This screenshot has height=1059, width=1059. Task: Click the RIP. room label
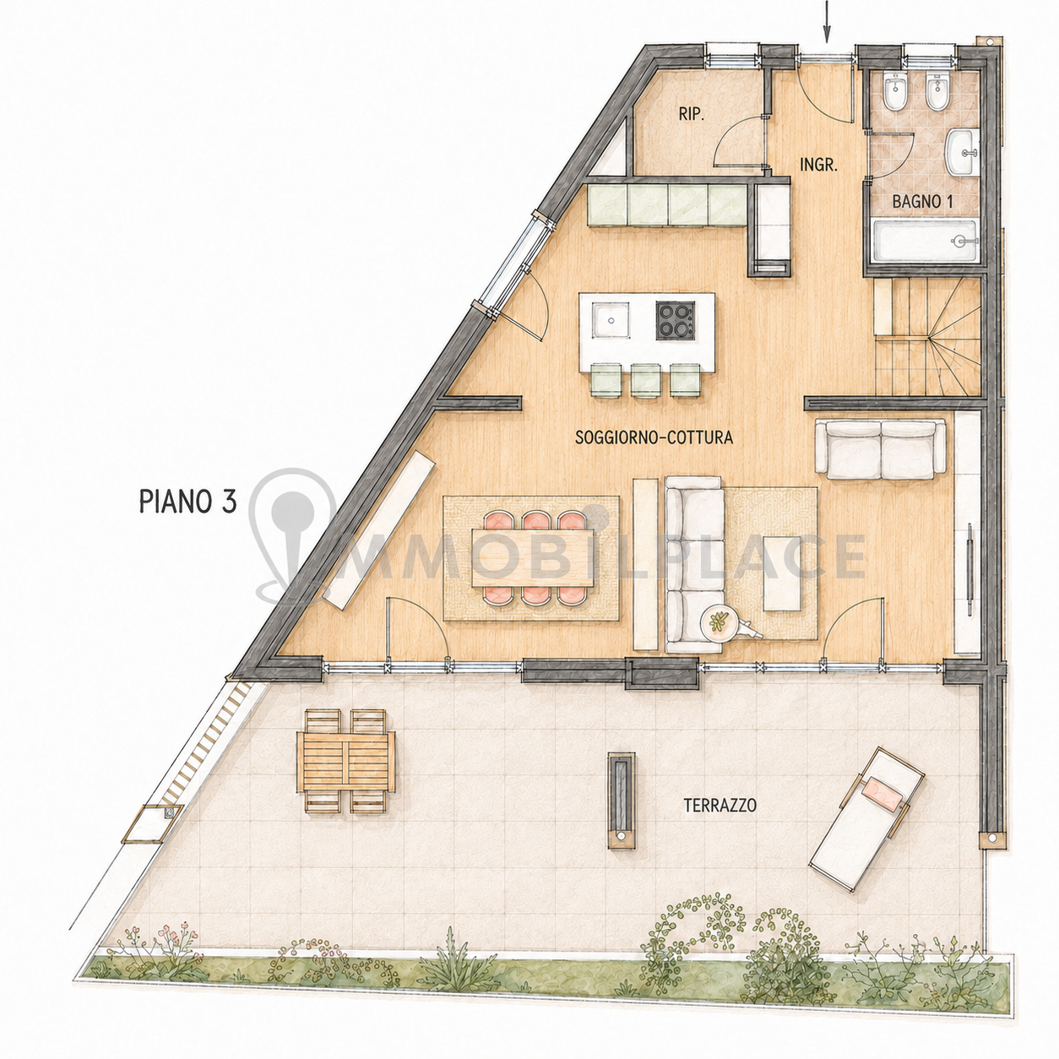[x=692, y=114]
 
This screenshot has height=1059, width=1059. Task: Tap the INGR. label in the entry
[x=819, y=165]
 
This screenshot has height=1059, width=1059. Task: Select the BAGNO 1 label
[x=922, y=202]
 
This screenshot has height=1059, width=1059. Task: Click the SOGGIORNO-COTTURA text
[x=654, y=437]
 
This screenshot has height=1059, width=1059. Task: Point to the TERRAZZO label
[x=720, y=806]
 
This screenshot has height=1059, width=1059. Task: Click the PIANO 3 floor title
[x=188, y=502]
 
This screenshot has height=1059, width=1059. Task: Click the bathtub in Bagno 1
[x=925, y=241]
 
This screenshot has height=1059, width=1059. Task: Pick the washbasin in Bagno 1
[x=962, y=152]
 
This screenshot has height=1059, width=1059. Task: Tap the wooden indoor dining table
[x=533, y=558]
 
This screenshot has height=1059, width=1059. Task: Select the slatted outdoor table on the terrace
[x=345, y=761]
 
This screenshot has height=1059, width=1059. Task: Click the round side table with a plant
[x=720, y=622]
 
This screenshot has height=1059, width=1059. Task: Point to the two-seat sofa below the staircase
[x=881, y=448]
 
